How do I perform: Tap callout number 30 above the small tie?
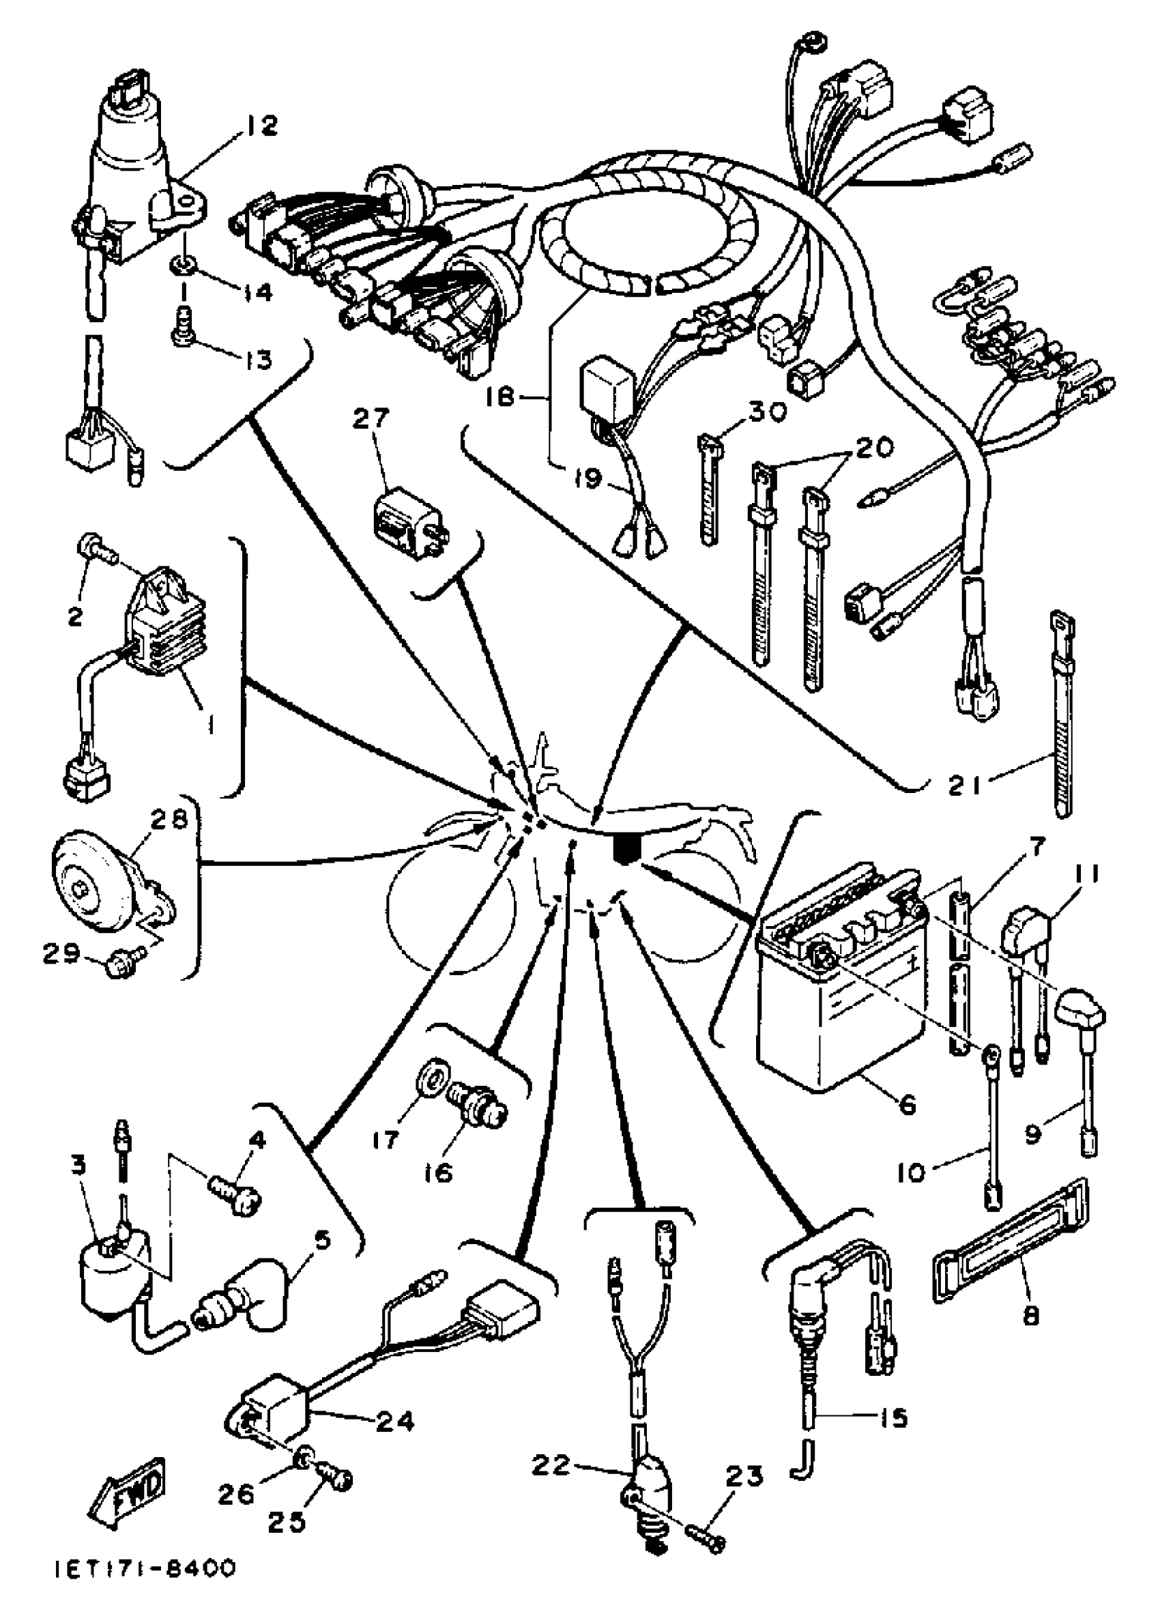point(766,412)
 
